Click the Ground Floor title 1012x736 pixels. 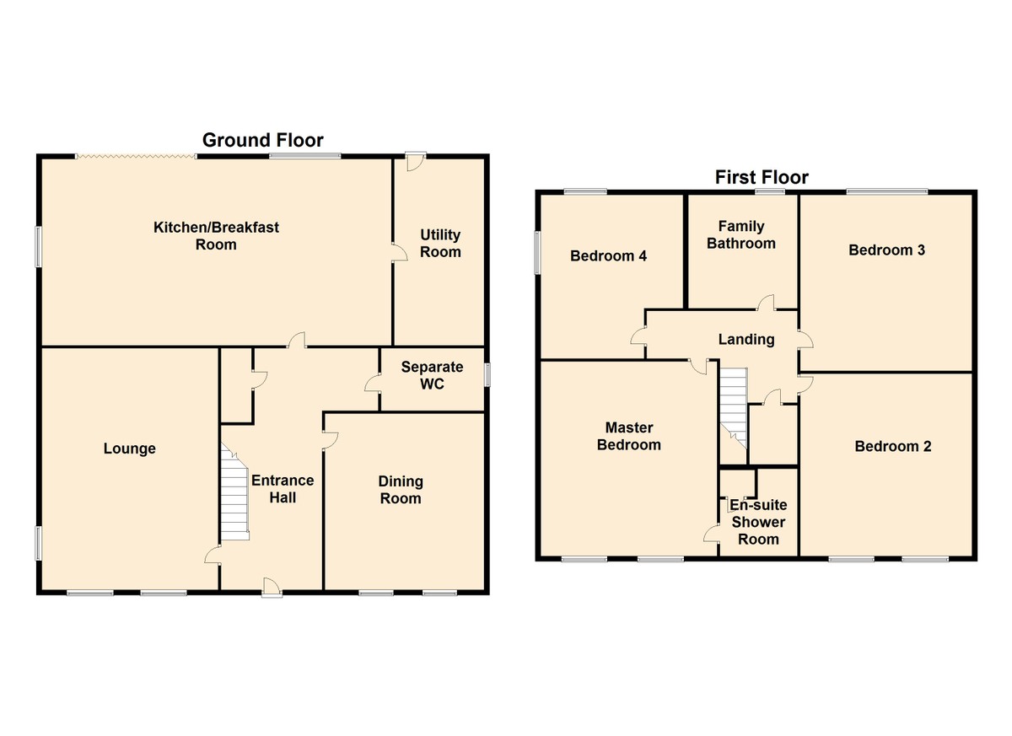click(x=262, y=140)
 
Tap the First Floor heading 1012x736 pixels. click(x=762, y=177)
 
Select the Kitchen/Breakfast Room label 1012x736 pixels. click(x=216, y=236)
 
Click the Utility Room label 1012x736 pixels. click(x=440, y=243)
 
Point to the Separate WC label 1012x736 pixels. click(x=432, y=375)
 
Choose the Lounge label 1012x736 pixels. click(x=130, y=449)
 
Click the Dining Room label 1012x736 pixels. click(x=401, y=490)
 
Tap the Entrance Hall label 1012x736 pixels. click(x=283, y=489)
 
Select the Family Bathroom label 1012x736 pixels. click(x=741, y=235)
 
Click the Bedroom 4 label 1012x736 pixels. click(x=609, y=256)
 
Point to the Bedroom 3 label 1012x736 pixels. click(x=887, y=250)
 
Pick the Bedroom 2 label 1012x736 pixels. click(x=893, y=447)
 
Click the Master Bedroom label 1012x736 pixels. click(x=629, y=436)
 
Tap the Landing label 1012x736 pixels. click(x=746, y=340)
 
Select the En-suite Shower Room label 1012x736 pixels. click(x=758, y=522)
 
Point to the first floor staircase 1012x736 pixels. click(x=733, y=408)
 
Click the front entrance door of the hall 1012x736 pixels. click(x=272, y=588)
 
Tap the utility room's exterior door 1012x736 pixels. click(x=416, y=161)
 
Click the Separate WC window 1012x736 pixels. click(x=487, y=375)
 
